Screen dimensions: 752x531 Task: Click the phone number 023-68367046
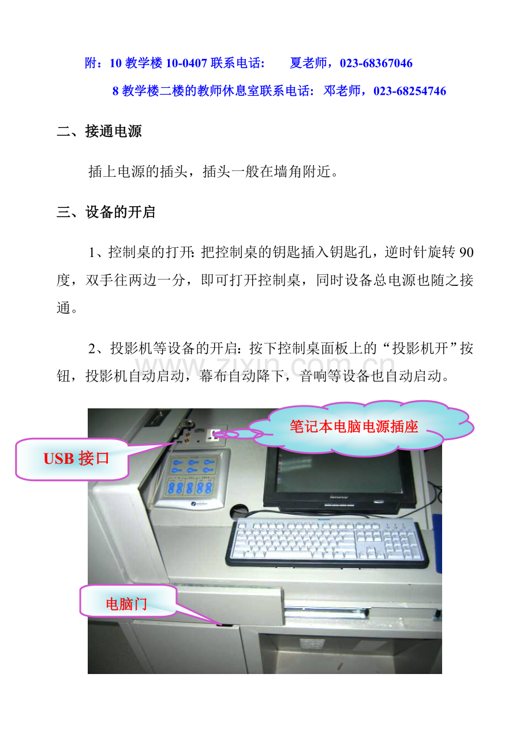(376, 64)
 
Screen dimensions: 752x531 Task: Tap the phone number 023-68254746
(410, 91)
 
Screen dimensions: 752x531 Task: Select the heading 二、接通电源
(99, 132)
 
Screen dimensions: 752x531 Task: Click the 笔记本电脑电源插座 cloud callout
(354, 427)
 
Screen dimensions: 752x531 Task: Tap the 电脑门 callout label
(126, 604)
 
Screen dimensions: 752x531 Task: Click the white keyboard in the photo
(327, 541)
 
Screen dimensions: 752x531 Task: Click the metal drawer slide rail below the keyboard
(327, 612)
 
